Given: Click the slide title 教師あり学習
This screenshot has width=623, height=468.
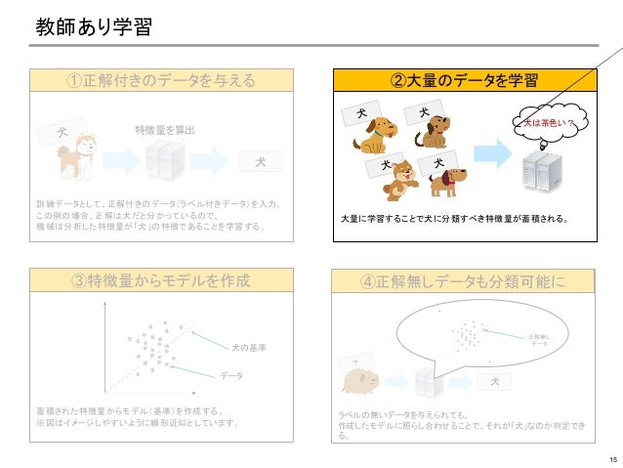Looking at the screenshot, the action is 94,26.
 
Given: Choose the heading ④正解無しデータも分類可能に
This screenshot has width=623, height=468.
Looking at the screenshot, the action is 463,281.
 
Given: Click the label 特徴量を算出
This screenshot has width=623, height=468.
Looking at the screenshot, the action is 165,130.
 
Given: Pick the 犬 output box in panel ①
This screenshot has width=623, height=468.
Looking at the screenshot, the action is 260,160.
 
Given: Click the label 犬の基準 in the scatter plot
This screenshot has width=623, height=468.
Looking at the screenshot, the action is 248,347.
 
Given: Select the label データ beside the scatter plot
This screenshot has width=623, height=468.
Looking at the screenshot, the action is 231,376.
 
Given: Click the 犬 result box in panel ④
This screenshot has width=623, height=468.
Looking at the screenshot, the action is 495,380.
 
